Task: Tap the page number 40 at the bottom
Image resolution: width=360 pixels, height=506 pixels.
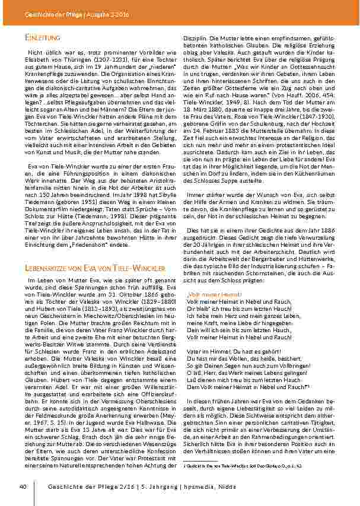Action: pos(24,486)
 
